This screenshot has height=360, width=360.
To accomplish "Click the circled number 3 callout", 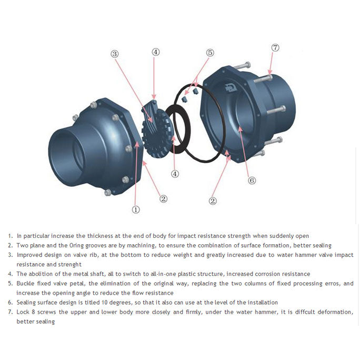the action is click(x=115, y=54).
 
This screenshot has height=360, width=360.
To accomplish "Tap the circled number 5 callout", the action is click(x=210, y=53).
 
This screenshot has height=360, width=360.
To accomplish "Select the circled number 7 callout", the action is click(x=275, y=48).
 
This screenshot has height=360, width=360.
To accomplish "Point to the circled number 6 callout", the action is click(x=252, y=181).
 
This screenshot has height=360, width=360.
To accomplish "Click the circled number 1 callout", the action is click(x=136, y=209).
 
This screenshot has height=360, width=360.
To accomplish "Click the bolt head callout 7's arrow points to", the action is click(x=269, y=77).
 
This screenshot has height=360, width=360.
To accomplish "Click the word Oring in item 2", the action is click(x=76, y=245).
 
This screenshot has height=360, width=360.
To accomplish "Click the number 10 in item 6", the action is click(x=104, y=303).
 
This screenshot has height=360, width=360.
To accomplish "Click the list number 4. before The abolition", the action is click(x=11, y=274).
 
